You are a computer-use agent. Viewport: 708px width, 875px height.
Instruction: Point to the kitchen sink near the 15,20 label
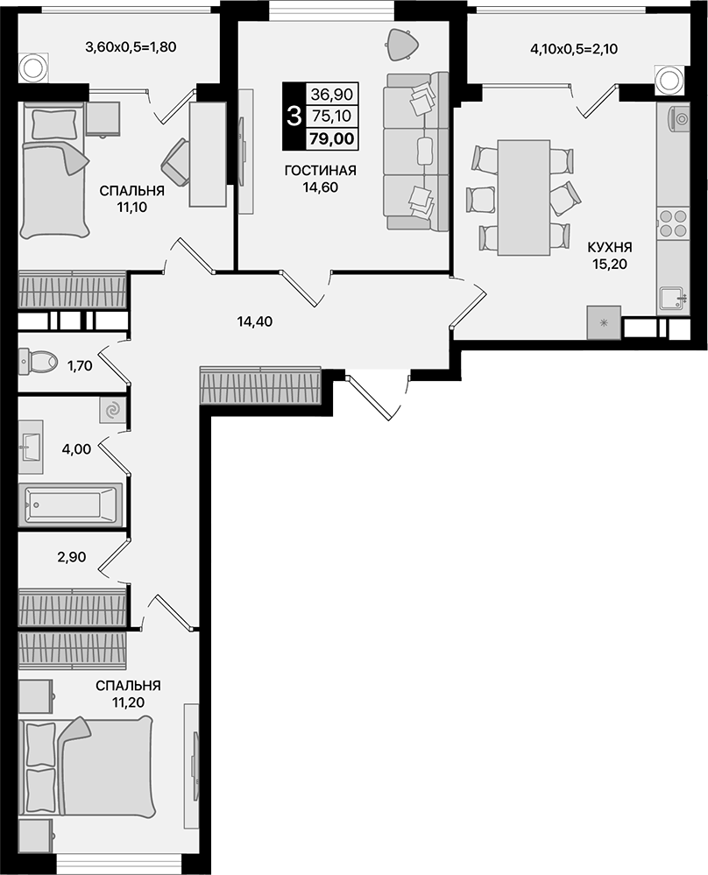point(673,299)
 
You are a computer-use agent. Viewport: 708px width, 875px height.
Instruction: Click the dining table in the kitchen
point(524,196)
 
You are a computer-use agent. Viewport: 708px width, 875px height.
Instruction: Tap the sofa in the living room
point(416,152)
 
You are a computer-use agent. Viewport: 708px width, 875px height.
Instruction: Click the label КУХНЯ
point(610,247)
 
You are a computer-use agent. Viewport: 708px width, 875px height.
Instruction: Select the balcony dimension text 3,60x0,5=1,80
point(131,47)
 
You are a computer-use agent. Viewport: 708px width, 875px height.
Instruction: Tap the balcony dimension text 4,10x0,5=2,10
point(574,49)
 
